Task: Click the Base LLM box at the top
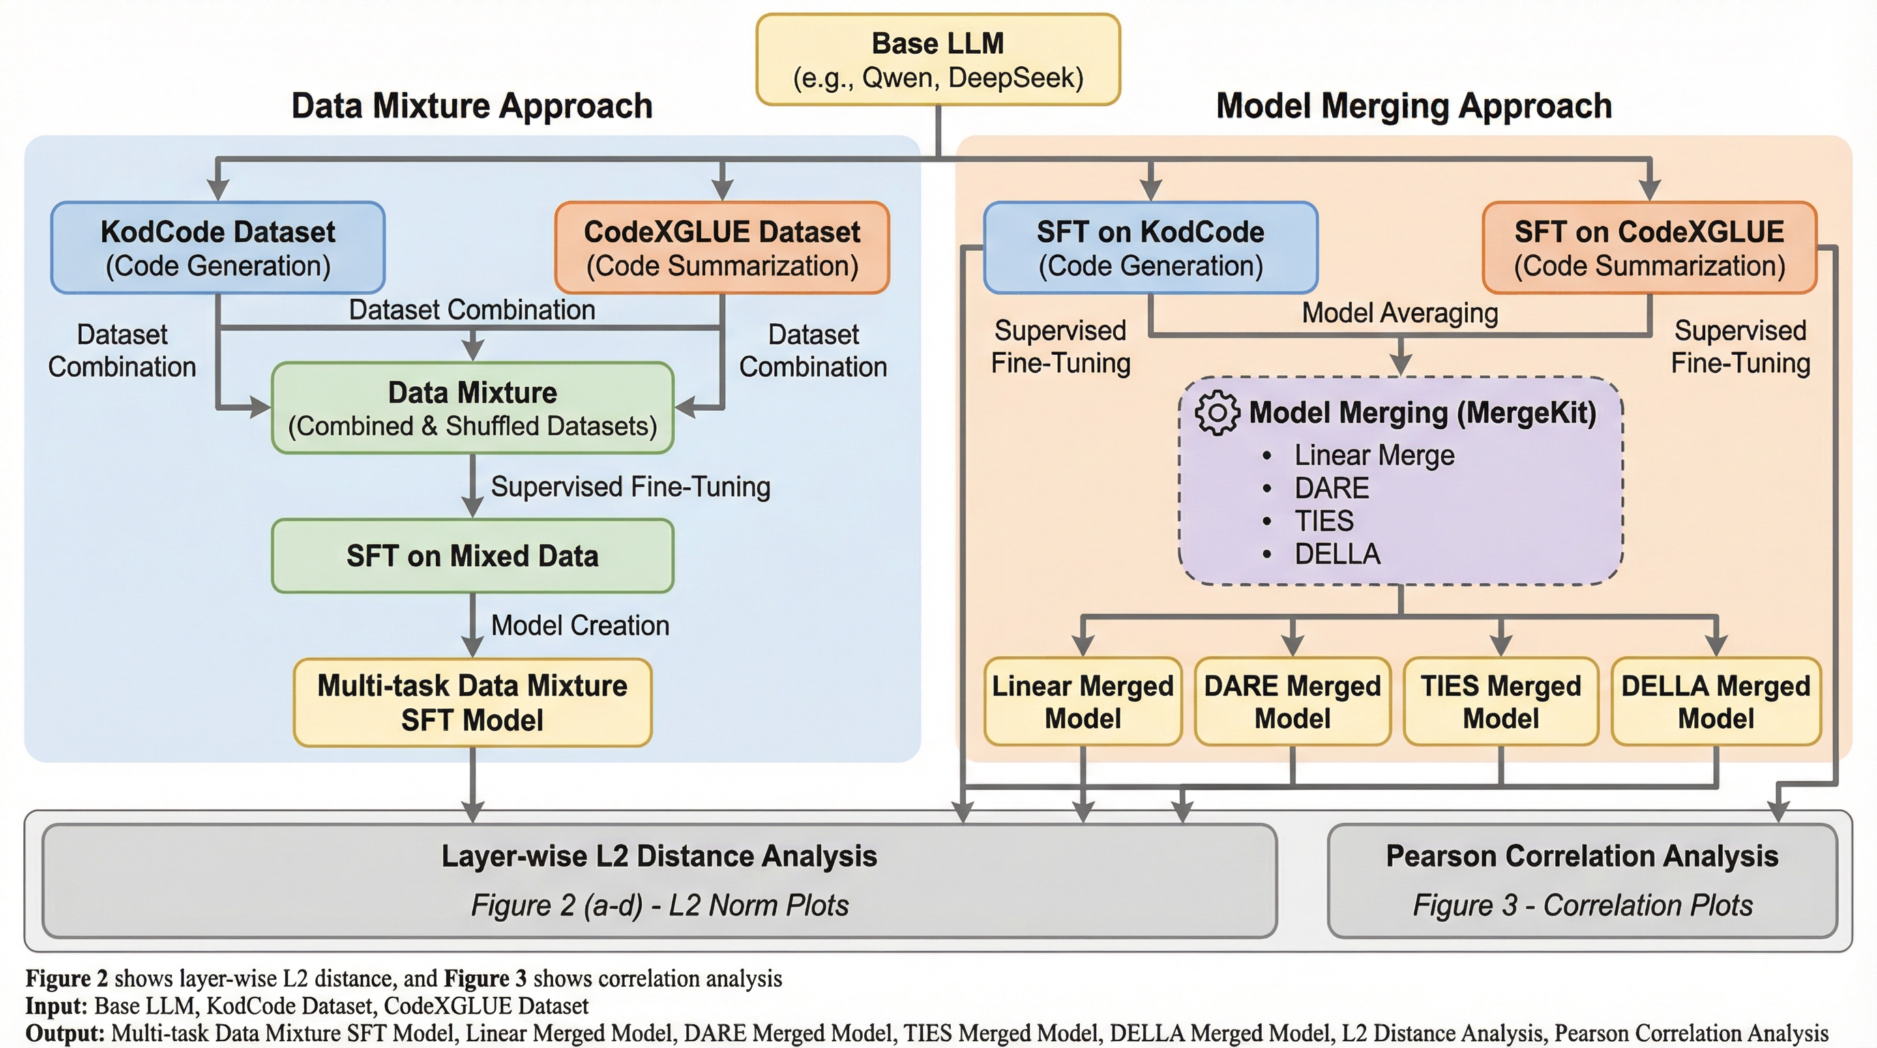[938, 60]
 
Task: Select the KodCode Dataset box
[218, 248]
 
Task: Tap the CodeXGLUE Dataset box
[722, 248]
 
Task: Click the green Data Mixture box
[472, 408]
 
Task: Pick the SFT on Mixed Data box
[472, 556]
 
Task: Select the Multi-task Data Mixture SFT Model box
[472, 703]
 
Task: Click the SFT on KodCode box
[1151, 248]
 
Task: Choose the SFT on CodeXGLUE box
[1649, 248]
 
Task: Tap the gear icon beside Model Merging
[1217, 413]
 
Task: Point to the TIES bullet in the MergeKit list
[1323, 521]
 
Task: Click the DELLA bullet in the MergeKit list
[1337, 554]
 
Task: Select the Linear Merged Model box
[1083, 702]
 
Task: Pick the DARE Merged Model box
[1292, 702]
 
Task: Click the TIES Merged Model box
[1501, 702]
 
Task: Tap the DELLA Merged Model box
[1716, 702]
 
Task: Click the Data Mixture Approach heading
[472, 106]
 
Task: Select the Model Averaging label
[1400, 313]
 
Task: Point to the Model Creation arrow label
[580, 625]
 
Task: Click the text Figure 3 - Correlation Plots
[1582, 905]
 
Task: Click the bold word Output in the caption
[64, 1034]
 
